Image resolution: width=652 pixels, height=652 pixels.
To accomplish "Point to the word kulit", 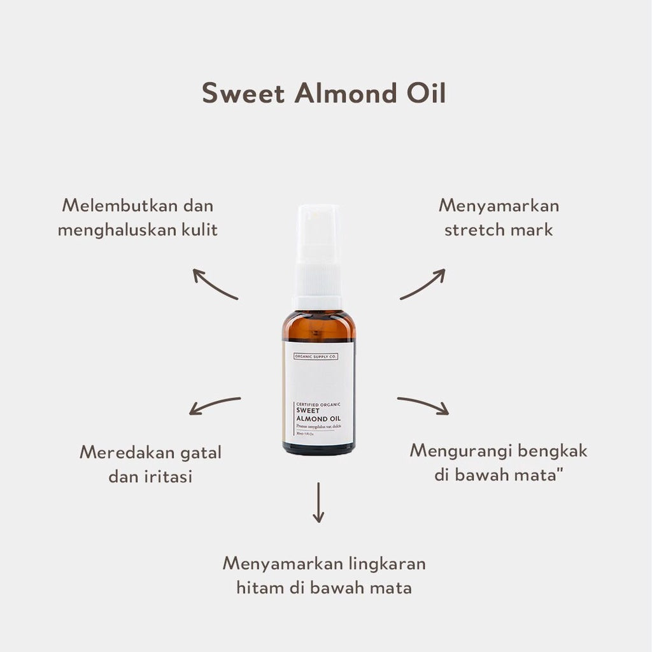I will pos(197,229).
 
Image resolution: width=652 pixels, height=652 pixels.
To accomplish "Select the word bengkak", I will pos(552,451).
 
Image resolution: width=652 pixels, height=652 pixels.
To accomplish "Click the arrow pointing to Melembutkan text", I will pos(215,284).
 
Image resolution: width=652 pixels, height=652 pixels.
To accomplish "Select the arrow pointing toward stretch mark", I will pos(423,284).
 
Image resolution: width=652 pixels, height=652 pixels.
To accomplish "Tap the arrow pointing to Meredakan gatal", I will pos(215,406).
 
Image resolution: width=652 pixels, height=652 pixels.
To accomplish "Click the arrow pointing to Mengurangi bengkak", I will pos(423,406).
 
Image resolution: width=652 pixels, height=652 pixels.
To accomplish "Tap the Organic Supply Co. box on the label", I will pos(313,356).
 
